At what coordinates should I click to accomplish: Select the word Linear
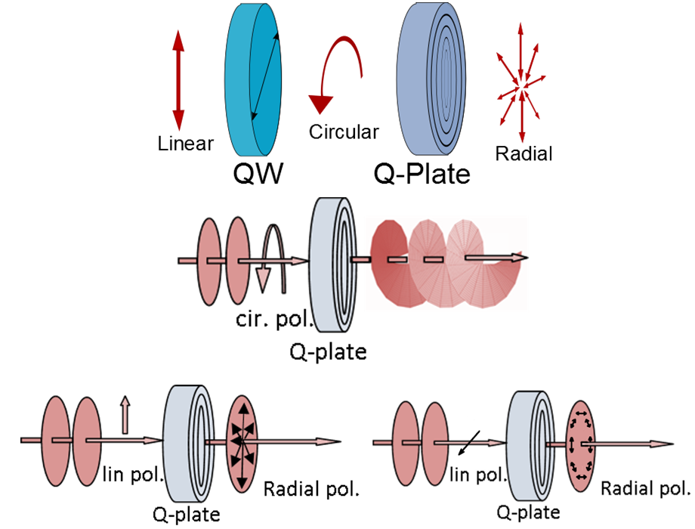(186, 143)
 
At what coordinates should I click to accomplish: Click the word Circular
(344, 131)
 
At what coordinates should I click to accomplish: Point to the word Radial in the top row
(524, 153)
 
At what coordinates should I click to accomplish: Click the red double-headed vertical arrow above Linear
(178, 79)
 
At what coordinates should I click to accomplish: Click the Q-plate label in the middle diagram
(329, 351)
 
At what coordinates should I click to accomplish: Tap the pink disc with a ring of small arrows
(582, 443)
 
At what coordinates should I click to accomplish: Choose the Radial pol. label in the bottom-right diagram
(645, 487)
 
